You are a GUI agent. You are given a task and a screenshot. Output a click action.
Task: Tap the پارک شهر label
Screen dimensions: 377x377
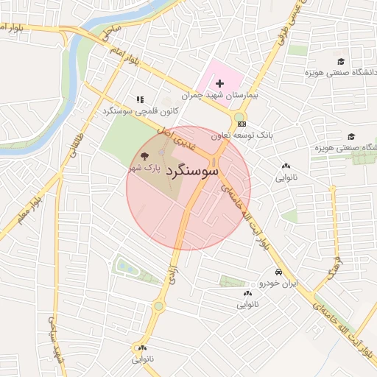[144, 169]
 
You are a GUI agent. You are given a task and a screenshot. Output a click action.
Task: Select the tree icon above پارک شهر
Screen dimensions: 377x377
[144, 156]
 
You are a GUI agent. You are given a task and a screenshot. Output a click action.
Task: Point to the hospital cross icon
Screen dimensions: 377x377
[219, 84]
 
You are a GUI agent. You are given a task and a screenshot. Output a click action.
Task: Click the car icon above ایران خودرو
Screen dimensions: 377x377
[278, 271]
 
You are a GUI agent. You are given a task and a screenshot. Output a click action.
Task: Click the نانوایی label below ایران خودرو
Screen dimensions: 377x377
[247, 304]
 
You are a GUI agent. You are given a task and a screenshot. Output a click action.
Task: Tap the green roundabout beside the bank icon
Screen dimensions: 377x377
[240, 117]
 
